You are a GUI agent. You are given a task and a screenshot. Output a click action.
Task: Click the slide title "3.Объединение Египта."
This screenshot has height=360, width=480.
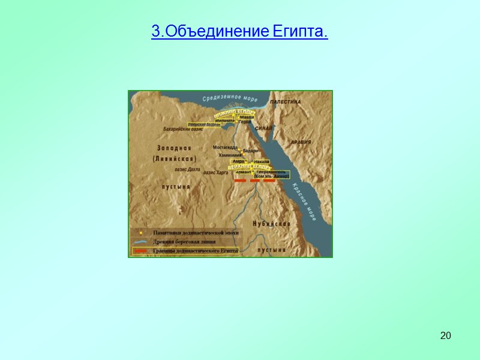(x=239, y=31)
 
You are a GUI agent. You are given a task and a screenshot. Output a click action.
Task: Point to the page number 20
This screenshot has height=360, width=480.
(x=445, y=335)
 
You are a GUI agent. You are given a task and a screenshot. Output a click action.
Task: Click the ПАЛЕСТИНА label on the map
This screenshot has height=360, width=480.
(x=284, y=102)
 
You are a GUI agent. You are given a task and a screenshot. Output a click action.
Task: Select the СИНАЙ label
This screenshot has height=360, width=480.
(x=263, y=128)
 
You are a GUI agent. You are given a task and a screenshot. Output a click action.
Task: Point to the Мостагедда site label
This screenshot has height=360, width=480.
(x=226, y=147)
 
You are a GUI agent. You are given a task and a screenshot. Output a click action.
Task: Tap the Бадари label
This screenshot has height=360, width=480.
(x=250, y=151)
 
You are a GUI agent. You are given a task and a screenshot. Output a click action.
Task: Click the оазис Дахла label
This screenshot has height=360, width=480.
(x=187, y=170)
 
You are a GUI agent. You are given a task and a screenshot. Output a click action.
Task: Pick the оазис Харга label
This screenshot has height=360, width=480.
(x=217, y=172)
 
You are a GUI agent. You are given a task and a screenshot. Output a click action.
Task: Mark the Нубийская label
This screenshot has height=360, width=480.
(x=272, y=223)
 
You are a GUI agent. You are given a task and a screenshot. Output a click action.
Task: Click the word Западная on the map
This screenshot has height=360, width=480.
(x=175, y=148)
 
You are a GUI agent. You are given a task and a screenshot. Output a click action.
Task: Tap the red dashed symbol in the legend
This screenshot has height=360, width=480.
(x=141, y=250)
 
